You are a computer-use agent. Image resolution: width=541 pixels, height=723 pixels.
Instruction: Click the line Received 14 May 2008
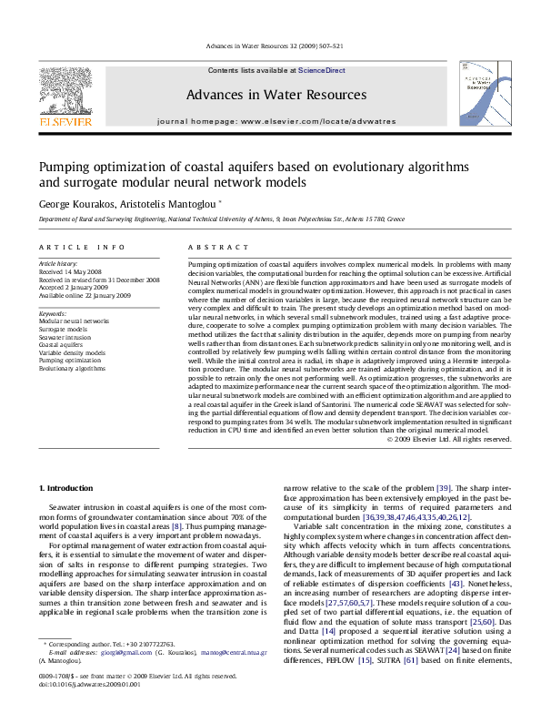[71, 271]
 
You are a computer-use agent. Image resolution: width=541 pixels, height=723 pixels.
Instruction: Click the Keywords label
[54, 313]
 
